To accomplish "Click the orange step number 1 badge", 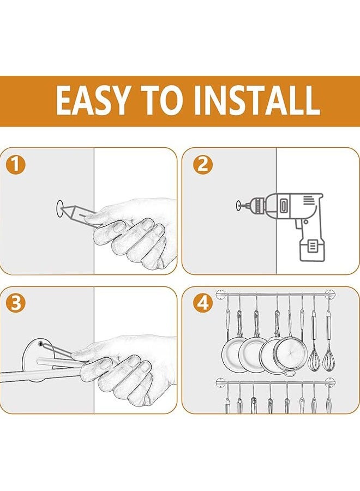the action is tap(15, 165).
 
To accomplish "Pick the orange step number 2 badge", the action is tap(202, 165).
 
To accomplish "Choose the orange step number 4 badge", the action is tap(202, 303).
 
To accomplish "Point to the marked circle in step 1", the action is tap(59, 208).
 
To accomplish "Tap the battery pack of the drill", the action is tap(312, 250).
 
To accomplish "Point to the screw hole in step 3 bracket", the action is tap(40, 344).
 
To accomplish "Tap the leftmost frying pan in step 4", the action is tap(233, 355).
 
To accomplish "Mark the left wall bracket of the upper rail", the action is tap(221, 295).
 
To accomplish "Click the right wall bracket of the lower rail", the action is tap(330, 382).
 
